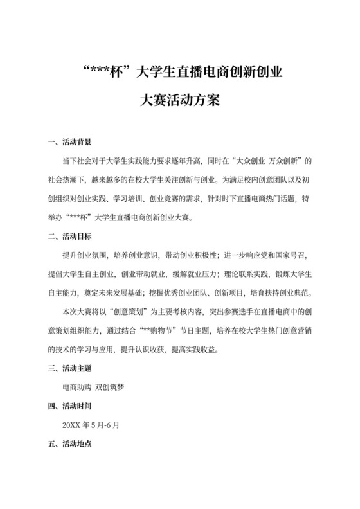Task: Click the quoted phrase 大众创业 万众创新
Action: point(264,161)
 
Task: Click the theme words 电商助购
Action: point(76,388)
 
